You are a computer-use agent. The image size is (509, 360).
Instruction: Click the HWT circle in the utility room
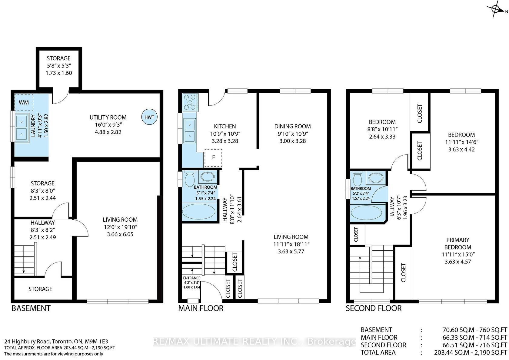tap(149, 117)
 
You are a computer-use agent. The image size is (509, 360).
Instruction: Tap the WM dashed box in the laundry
tap(24, 102)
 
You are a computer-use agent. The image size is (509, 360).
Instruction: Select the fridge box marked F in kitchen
tap(213, 158)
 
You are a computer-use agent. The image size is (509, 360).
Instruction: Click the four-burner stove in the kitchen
tap(190, 102)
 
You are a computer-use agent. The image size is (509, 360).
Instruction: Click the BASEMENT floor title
tap(31, 308)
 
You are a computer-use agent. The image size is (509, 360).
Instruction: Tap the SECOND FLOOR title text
tap(374, 308)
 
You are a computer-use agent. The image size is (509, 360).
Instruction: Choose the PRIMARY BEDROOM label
tap(457, 243)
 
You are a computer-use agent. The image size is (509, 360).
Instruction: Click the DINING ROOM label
tap(292, 126)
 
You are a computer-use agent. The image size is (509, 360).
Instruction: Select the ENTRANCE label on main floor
tap(192, 278)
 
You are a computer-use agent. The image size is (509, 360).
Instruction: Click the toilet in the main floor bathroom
tap(190, 178)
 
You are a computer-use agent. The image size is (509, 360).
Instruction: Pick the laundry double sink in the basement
tap(22, 128)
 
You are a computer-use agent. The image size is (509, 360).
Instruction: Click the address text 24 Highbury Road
tap(27, 341)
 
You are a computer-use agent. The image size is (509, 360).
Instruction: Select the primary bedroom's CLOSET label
tap(403, 272)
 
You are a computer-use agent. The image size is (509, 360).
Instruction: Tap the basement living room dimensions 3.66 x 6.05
tap(120, 234)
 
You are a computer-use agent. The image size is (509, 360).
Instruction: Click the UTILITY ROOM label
tap(108, 117)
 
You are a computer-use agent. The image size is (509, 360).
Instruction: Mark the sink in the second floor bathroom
tap(376, 177)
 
